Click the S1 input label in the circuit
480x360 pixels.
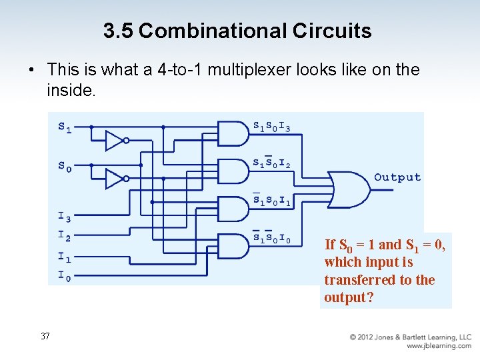pos(65,127)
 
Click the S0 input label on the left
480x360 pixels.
pos(65,167)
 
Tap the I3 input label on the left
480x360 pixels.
pos(64,216)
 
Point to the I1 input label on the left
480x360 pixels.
pos(64,257)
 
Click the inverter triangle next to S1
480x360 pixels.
pos(115,140)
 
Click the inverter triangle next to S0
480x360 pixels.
pos(115,179)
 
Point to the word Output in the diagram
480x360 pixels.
pos(397,177)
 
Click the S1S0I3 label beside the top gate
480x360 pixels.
pos(271,126)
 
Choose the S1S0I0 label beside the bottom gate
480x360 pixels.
pos(271,237)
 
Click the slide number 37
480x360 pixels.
pos(45,336)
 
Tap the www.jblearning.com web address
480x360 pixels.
pos(439,346)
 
